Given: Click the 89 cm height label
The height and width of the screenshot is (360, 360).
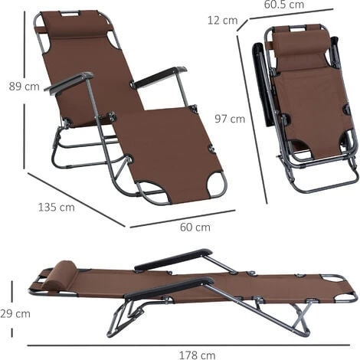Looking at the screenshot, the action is tap(25, 87).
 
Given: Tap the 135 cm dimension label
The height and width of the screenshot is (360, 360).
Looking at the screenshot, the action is tap(57, 207).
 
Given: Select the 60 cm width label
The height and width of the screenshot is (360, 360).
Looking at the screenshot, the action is tap(195, 227).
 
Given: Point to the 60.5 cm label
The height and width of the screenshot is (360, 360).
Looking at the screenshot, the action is tap(284, 5).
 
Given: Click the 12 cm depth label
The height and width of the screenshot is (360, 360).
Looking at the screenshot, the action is tap(222, 20).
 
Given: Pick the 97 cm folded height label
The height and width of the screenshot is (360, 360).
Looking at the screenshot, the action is tap(230, 119).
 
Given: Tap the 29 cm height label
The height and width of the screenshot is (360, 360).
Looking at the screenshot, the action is tap(15, 313).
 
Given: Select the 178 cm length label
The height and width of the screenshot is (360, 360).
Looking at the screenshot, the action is tap(197, 355).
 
